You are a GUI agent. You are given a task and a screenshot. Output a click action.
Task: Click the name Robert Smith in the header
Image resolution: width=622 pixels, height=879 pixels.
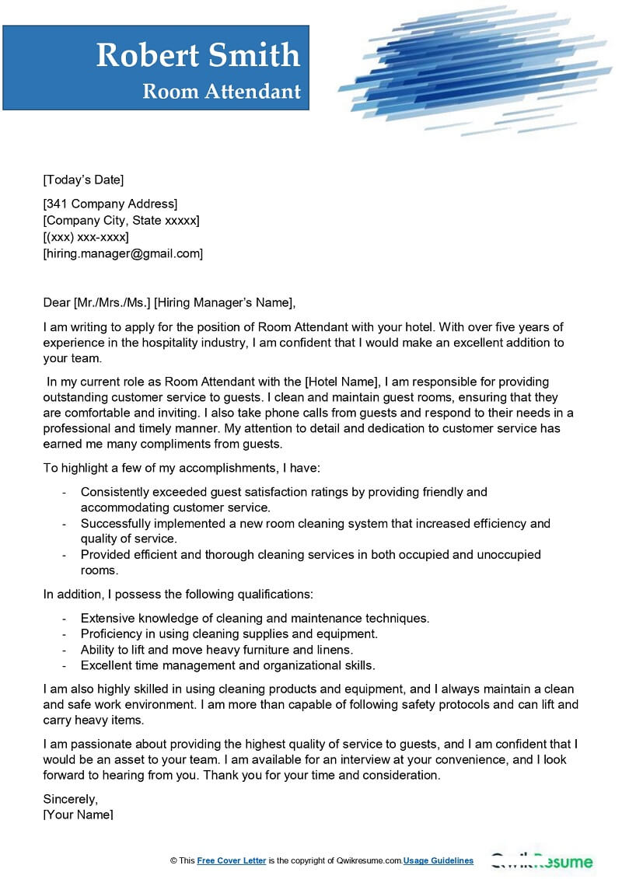(197, 55)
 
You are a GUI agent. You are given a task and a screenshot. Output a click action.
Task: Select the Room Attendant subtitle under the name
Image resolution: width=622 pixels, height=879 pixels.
(222, 91)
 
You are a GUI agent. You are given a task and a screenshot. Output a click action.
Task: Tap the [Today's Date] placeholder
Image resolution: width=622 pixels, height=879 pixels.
(83, 180)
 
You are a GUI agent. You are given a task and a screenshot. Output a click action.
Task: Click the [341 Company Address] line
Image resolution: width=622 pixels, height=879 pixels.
(110, 204)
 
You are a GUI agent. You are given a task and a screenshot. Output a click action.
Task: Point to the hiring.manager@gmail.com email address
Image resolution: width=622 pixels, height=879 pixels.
(123, 253)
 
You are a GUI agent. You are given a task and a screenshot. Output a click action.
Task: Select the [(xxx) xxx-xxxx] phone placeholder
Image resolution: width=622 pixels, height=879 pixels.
(86, 236)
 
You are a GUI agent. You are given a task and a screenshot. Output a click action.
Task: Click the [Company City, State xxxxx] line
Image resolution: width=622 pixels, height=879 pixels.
(121, 220)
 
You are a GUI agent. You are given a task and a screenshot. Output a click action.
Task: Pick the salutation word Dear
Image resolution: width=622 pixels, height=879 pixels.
(57, 302)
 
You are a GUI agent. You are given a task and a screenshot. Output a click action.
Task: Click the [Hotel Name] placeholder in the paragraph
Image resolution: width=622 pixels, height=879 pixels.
(341, 382)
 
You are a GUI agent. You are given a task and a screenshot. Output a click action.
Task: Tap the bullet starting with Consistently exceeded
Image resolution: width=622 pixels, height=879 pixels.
(284, 492)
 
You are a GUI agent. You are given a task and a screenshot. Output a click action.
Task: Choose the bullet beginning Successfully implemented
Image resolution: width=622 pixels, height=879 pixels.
(315, 523)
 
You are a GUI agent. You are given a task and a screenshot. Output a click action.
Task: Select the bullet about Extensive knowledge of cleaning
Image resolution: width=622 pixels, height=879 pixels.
(255, 618)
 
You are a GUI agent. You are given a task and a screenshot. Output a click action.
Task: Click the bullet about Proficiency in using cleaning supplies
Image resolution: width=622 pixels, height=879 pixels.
(229, 633)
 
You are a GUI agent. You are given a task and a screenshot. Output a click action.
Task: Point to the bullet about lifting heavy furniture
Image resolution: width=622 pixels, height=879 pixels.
(217, 649)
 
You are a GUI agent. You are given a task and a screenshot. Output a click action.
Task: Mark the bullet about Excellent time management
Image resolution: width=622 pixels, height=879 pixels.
(228, 665)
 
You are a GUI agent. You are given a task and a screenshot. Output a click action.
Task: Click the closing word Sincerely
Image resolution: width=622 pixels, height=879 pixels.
(71, 798)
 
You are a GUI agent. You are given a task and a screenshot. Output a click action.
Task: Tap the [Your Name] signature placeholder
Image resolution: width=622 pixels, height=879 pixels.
(79, 814)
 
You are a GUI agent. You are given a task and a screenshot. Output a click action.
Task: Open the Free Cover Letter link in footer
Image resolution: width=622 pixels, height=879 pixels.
(232, 860)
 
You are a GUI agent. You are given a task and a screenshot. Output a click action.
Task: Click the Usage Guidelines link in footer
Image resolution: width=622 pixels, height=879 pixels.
(438, 860)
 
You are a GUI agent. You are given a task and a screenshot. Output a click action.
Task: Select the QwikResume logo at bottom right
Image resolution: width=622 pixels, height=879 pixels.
(541, 861)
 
